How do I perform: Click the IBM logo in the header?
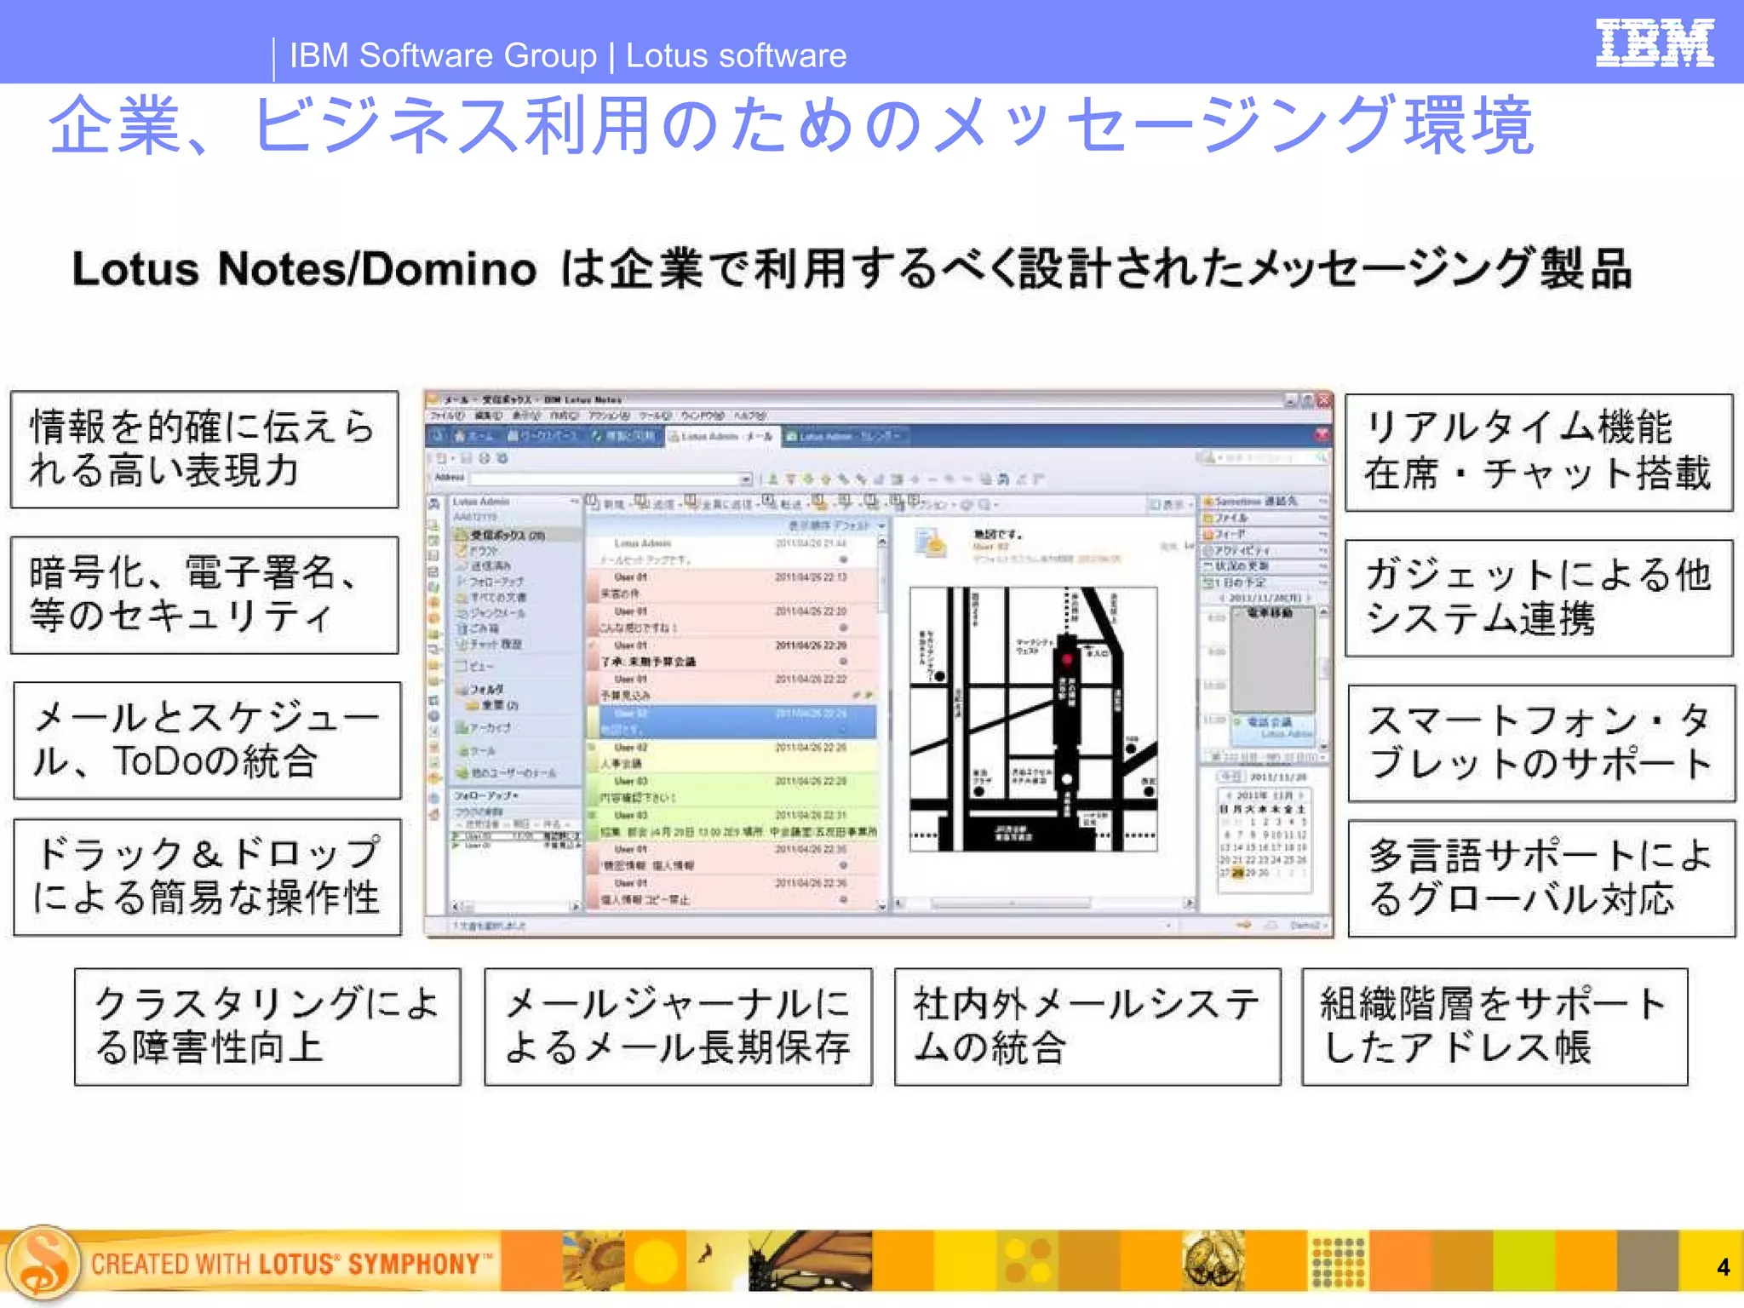coord(1654,43)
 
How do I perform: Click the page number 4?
coord(1723,1267)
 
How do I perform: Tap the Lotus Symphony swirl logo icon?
coord(43,1263)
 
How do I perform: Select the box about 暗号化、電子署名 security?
coord(204,595)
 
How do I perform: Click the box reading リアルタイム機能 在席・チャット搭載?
coord(1539,452)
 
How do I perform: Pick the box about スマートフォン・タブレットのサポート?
coord(1541,743)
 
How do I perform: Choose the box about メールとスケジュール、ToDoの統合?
coord(207,740)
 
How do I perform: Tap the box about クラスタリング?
coord(267,1026)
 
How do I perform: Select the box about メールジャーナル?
coord(678,1026)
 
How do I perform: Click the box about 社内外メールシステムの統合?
coord(1087,1026)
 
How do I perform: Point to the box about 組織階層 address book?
coord(1494,1026)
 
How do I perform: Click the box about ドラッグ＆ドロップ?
coord(207,877)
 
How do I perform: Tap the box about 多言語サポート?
coord(1541,878)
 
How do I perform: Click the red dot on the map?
coord(1067,659)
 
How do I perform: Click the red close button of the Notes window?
coord(1324,400)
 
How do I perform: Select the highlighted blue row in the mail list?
coord(732,721)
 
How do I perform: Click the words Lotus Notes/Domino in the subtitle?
coord(304,269)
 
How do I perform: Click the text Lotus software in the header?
coord(736,55)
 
